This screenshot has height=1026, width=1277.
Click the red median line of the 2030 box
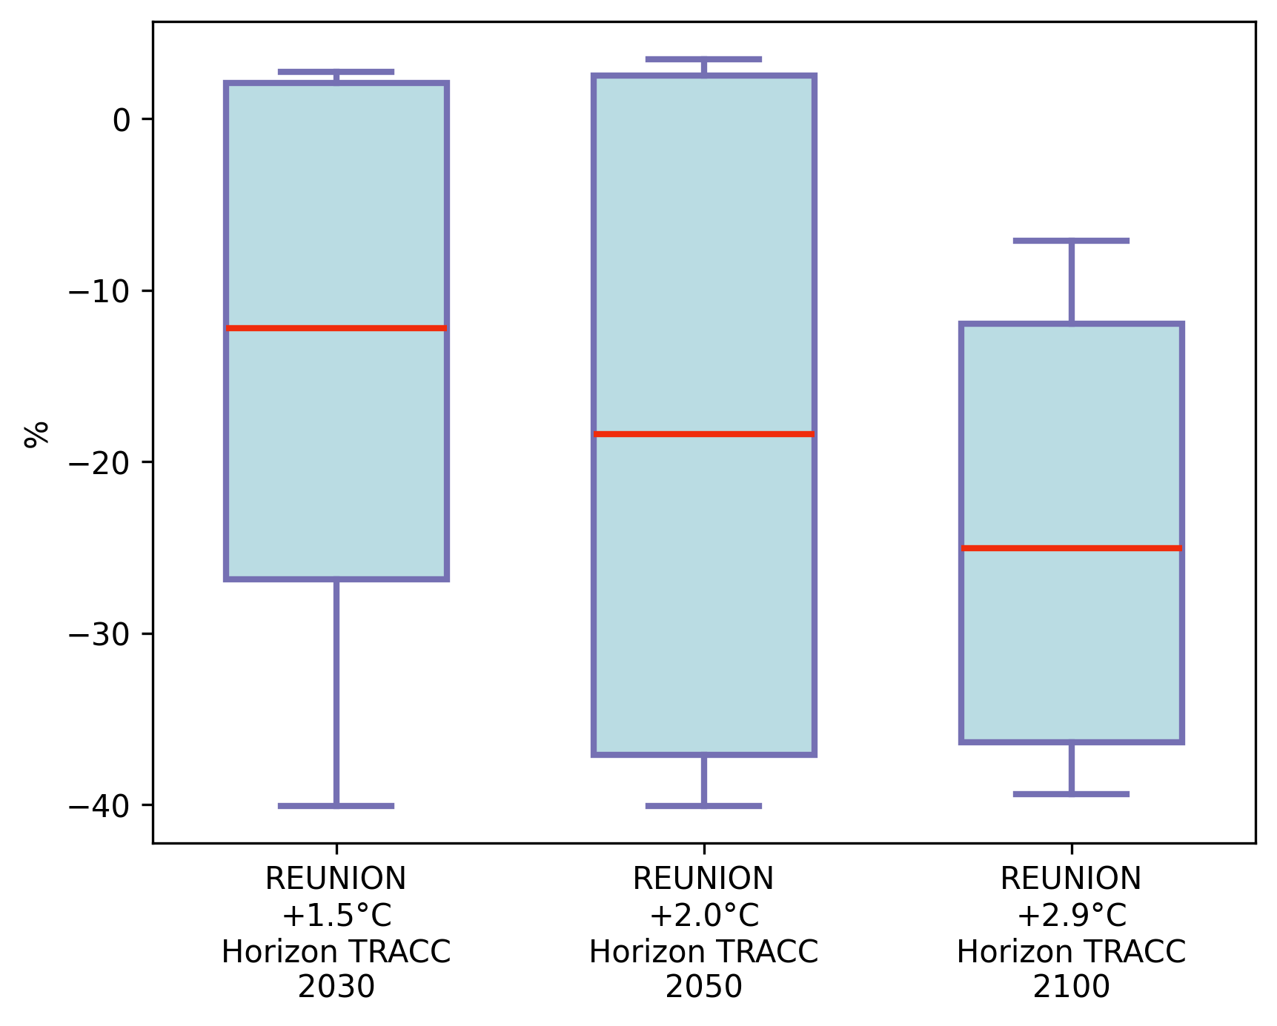[x=336, y=327]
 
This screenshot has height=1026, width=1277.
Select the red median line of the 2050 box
[x=703, y=433]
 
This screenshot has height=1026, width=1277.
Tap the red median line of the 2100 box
[x=1071, y=548]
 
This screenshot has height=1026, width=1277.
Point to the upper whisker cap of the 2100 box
[x=1071, y=241]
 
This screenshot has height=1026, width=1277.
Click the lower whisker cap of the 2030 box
[x=336, y=805]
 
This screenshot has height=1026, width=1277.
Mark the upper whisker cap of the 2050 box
[x=703, y=59]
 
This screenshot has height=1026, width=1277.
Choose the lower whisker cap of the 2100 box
[x=1071, y=793]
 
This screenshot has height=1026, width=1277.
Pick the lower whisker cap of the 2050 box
[x=703, y=805]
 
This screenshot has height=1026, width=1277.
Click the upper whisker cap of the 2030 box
[x=336, y=72]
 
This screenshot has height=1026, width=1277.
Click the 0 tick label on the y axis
[x=122, y=119]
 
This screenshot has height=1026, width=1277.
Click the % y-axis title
[x=36, y=434]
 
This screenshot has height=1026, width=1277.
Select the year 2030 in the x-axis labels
[x=336, y=987]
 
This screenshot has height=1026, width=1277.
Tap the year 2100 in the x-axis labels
[x=1071, y=987]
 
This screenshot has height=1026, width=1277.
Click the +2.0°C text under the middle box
[x=703, y=916]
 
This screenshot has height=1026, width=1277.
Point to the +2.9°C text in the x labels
[x=1071, y=916]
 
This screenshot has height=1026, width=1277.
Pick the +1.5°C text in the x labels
[x=336, y=916]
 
